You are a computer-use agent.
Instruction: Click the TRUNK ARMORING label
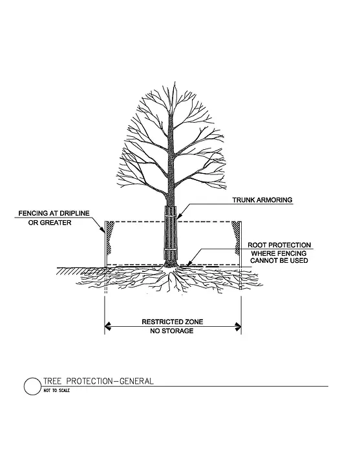click(262, 200)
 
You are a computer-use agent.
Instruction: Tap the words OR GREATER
click(50, 222)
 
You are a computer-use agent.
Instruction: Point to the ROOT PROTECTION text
click(279, 245)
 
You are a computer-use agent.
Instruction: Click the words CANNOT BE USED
click(279, 260)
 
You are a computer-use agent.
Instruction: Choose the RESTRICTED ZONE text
click(173, 322)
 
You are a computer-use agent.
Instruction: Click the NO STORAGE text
click(172, 331)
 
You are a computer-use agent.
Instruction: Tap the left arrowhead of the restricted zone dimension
click(108, 326)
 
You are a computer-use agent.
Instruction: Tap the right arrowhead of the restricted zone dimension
click(237, 327)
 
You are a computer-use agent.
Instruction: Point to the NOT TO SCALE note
click(56, 391)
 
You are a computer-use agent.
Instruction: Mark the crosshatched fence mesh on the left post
click(111, 236)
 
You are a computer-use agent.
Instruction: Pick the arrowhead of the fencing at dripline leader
click(103, 230)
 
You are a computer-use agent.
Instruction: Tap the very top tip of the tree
click(175, 82)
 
